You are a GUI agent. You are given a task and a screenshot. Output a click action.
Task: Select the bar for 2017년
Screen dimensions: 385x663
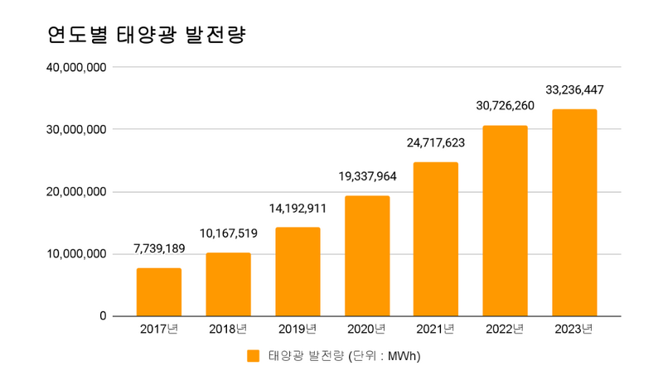[159, 291]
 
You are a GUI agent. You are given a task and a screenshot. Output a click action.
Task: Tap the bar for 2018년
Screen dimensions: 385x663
[229, 284]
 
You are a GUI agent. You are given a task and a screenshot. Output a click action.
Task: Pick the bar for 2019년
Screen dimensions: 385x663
[298, 272]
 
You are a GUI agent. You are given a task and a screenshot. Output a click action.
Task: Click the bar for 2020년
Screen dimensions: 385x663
[367, 256]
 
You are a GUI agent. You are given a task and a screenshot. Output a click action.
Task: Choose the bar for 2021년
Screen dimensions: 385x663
[436, 238]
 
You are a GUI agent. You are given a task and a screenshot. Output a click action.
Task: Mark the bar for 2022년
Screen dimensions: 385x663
[506, 220]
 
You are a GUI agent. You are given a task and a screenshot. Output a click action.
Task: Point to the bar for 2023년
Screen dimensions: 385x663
[574, 212]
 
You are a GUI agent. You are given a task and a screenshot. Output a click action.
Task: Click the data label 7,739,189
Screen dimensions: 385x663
[159, 248]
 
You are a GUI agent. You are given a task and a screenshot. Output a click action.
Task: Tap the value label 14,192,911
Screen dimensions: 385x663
[298, 208]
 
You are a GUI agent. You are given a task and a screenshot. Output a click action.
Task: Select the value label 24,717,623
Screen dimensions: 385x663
[436, 143]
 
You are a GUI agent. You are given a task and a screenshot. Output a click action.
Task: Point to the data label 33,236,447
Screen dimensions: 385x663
[574, 89]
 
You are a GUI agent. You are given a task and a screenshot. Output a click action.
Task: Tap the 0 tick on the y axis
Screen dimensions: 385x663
[102, 316]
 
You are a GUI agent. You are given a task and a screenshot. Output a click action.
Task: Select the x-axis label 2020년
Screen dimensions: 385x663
[367, 330]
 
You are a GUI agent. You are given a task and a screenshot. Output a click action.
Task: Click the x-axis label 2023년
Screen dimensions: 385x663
[574, 330]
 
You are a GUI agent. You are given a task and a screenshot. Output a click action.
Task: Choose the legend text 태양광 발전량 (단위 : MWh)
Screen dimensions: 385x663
[346, 356]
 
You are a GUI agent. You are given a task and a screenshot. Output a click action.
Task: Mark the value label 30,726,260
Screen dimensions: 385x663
[506, 106]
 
